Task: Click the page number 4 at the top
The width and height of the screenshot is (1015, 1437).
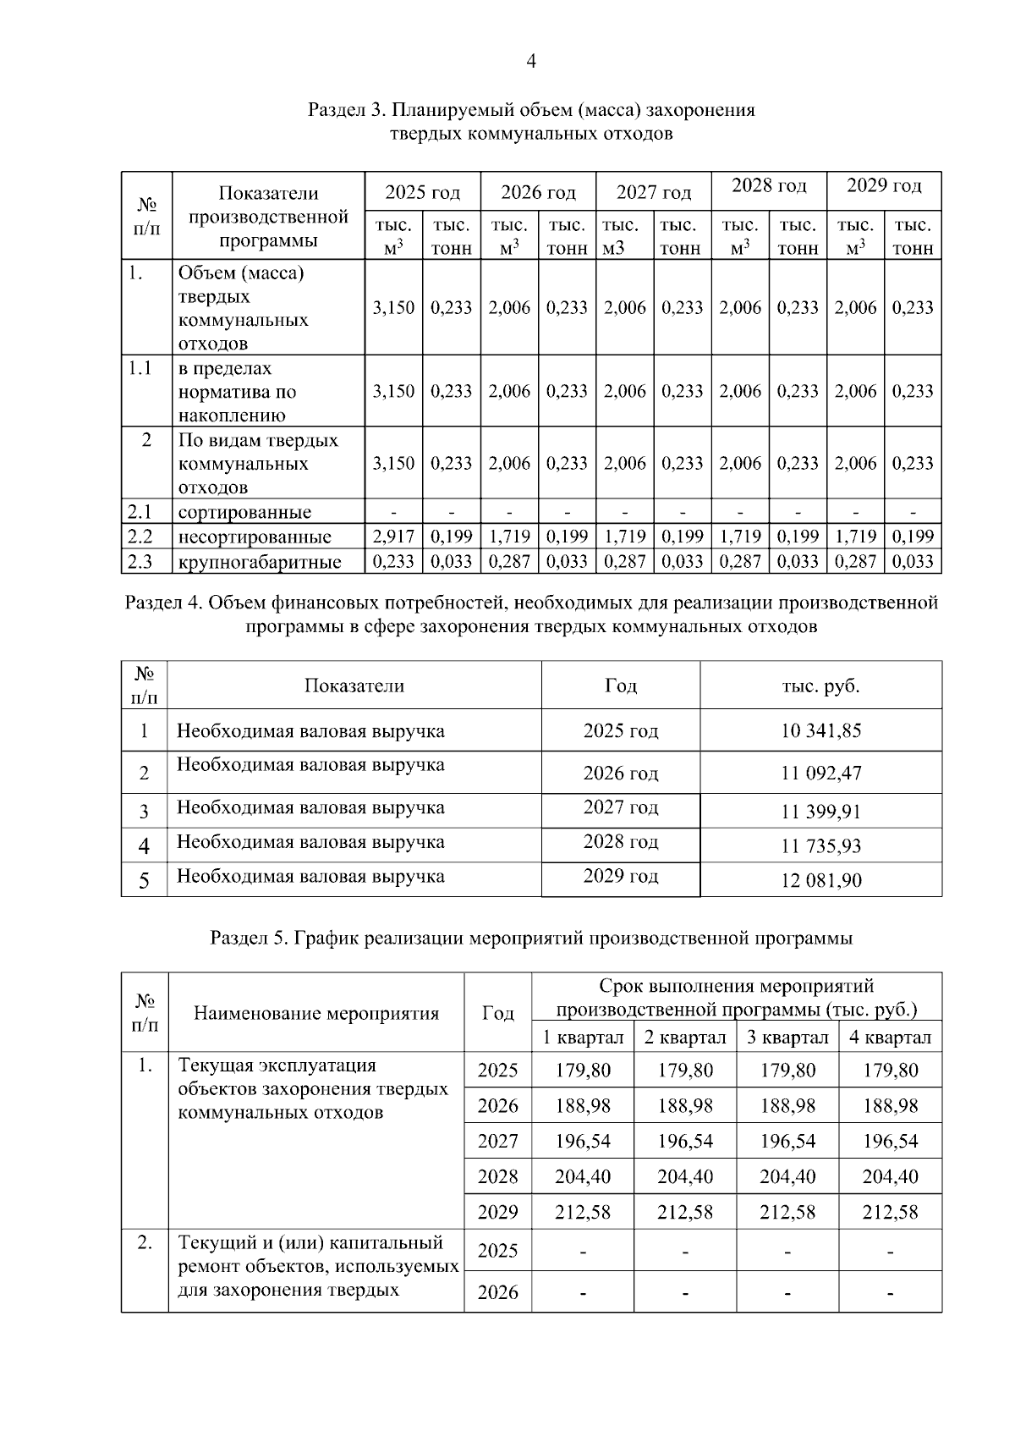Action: (530, 61)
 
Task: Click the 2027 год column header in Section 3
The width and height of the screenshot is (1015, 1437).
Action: (653, 193)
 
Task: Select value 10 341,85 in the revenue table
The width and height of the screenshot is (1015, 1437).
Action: (820, 730)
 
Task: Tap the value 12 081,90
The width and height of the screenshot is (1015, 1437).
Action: (820, 880)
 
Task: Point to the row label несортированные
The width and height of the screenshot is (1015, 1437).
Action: (255, 537)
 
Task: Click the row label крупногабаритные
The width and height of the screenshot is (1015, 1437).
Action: (260, 562)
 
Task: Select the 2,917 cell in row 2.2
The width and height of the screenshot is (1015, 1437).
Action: (393, 537)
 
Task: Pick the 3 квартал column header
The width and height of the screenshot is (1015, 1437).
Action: (787, 1038)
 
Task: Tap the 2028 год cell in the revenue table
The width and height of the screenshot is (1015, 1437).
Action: (620, 842)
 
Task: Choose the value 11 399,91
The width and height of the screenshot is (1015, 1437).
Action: (820, 812)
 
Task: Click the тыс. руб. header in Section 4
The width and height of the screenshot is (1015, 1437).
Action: (820, 686)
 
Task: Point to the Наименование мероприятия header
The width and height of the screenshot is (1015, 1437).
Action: (316, 1013)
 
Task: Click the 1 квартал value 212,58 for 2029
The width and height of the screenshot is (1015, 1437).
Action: (582, 1212)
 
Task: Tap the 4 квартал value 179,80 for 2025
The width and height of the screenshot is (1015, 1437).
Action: (890, 1071)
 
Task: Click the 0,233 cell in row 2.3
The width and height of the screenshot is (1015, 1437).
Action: (393, 562)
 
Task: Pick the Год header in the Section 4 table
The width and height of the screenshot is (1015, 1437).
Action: (620, 686)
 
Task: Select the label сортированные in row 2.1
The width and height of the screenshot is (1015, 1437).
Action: (244, 512)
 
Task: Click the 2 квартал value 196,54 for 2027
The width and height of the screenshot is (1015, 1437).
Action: (684, 1141)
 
